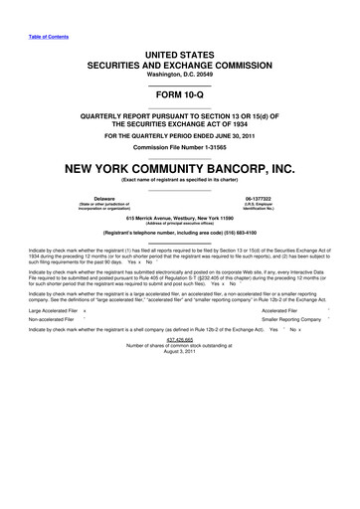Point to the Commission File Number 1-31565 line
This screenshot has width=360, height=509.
click(179, 145)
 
